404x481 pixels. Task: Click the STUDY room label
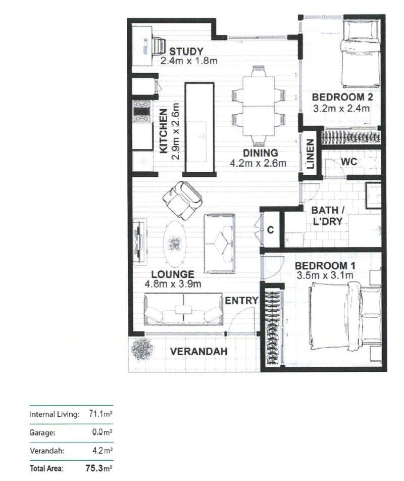click(186, 51)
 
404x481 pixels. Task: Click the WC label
click(349, 162)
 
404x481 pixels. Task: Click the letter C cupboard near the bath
click(270, 230)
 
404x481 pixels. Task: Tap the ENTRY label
click(241, 301)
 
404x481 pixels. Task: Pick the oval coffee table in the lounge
click(174, 244)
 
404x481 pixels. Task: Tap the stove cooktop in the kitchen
click(142, 112)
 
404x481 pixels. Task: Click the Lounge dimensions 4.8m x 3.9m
click(173, 284)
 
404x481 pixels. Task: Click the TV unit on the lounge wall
click(139, 242)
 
